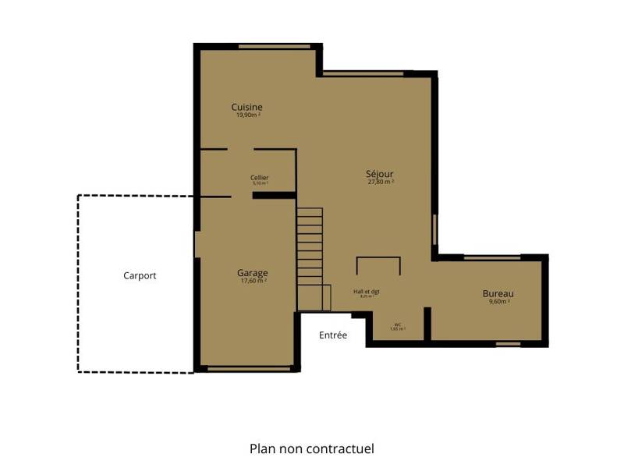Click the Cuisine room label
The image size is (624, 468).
tap(246, 107)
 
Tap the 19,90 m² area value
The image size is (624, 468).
tap(247, 115)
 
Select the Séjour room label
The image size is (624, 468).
tap(380, 173)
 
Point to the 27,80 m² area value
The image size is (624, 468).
tap(381, 182)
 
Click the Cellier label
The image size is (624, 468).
tap(260, 178)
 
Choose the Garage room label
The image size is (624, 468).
tap(253, 273)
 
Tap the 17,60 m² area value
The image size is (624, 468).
tap(253, 281)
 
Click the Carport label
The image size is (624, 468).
tap(140, 275)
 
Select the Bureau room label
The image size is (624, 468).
tap(498, 293)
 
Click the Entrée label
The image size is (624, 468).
tap(333, 335)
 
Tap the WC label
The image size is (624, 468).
tap(398, 324)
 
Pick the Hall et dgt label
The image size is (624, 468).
tap(366, 292)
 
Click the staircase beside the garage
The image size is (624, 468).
tap(310, 257)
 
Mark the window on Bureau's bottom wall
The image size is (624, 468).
tap(509, 343)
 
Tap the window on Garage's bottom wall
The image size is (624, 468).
tap(247, 368)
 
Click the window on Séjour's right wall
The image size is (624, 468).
tap(434, 231)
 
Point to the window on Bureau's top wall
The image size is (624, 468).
tap(491, 257)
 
